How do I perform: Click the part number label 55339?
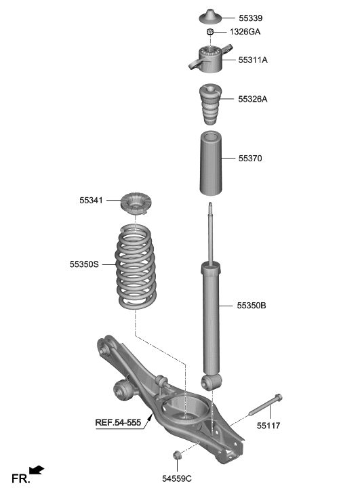(252, 18)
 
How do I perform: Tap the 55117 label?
(270, 426)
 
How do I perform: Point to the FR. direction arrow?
(37, 470)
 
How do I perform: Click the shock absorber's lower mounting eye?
(210, 383)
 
